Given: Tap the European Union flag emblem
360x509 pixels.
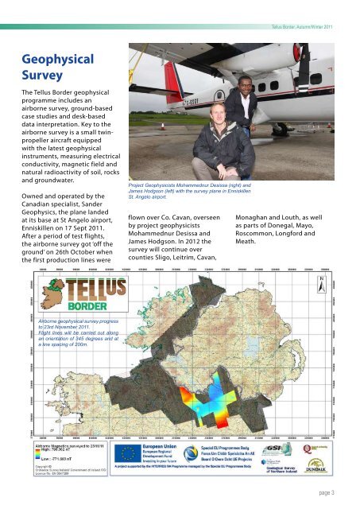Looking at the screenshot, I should (x=127, y=451).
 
